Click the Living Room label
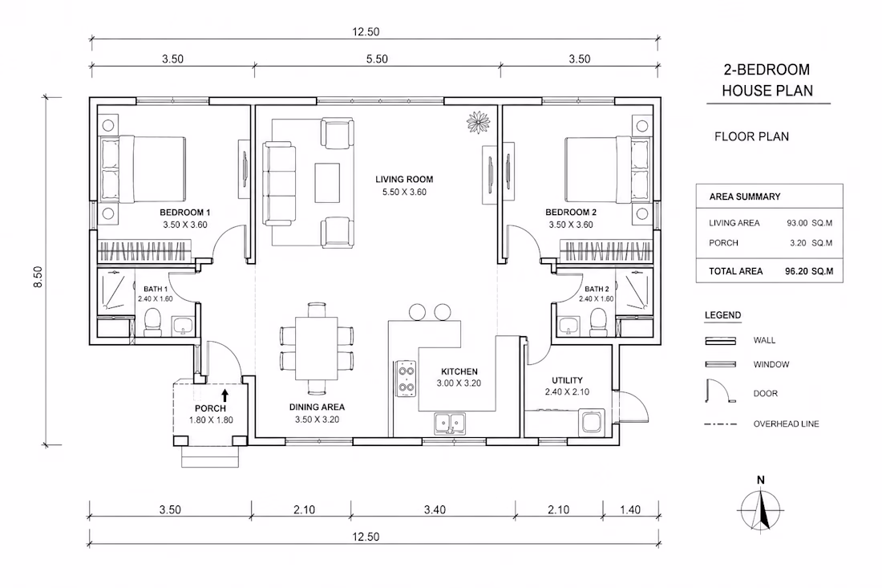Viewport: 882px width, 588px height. (x=404, y=180)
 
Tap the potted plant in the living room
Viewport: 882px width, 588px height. (x=478, y=122)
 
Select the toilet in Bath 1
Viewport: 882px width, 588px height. (x=152, y=322)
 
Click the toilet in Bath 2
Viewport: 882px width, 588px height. (x=597, y=322)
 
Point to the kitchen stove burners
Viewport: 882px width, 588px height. (x=407, y=379)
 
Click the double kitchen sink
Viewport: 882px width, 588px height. (x=450, y=422)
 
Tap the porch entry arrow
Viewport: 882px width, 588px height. (x=225, y=395)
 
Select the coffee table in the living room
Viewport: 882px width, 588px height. (x=327, y=182)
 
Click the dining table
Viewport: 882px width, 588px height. (x=317, y=348)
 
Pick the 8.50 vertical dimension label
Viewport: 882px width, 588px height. (x=38, y=276)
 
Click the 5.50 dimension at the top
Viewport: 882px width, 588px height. (x=377, y=59)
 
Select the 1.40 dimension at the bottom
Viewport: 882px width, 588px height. (x=630, y=510)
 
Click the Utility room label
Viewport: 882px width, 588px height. (x=567, y=380)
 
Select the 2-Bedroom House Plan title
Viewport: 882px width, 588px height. (x=767, y=80)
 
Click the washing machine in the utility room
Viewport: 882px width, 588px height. (x=593, y=422)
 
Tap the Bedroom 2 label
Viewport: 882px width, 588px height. (x=571, y=212)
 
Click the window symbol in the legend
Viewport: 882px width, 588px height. (x=721, y=364)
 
